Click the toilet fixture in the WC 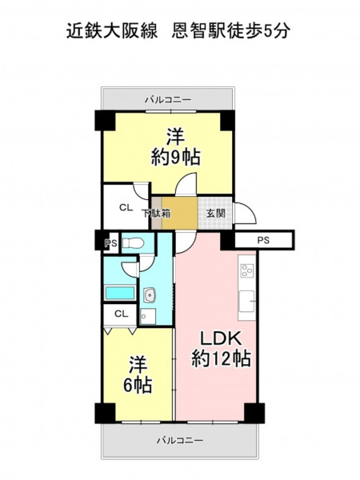133,243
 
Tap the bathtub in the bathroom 120,293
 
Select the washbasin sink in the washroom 150,296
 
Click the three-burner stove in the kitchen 246,270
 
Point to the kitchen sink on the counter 246,302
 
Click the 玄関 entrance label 216,213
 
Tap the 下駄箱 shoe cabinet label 156,213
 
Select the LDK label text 221,339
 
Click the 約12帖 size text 221,358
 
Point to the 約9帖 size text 176,157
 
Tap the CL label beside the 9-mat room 126,208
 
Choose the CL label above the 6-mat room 122,314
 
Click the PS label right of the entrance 263,240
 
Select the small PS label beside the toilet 111,244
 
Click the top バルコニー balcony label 168,100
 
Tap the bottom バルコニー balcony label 180,441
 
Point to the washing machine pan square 148,316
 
